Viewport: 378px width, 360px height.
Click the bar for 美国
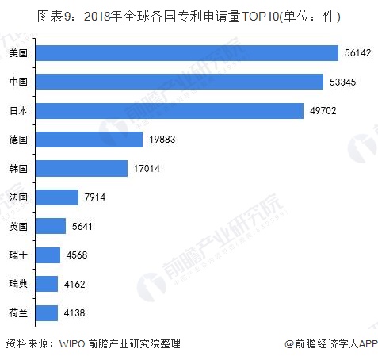(188, 52)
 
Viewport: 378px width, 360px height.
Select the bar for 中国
(180, 82)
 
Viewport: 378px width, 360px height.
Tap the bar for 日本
(170, 110)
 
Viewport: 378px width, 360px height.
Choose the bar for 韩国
(82, 168)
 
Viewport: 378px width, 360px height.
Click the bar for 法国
(57, 197)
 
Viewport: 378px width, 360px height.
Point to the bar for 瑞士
(48, 255)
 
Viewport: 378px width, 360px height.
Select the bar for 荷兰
(48, 312)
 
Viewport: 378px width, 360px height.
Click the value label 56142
(357, 52)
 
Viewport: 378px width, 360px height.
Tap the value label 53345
(342, 82)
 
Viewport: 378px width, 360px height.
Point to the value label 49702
(323, 110)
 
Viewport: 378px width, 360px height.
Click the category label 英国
(18, 226)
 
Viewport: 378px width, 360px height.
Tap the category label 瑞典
(18, 284)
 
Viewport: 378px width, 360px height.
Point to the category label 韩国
(18, 168)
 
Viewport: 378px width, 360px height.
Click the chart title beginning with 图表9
(189, 16)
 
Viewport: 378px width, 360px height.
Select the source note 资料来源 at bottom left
(92, 343)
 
